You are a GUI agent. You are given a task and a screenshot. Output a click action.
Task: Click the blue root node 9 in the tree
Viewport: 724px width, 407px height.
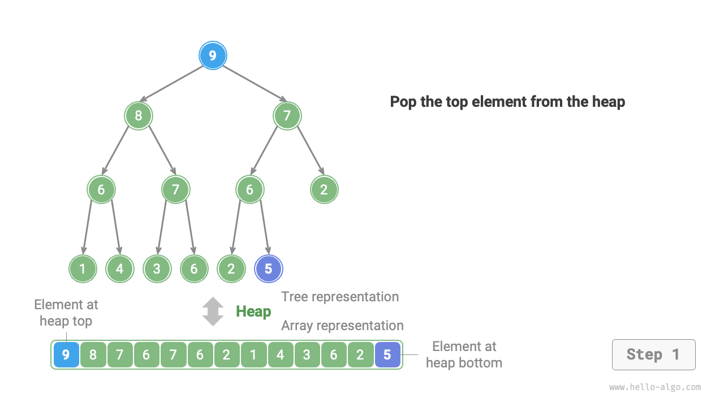point(213,55)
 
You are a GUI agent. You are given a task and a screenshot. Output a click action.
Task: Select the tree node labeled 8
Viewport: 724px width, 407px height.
point(139,116)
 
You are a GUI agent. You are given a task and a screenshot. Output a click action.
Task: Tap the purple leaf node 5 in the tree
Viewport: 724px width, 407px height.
point(269,269)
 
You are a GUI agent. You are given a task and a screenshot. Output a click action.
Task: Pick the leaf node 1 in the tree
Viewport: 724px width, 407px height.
point(83,269)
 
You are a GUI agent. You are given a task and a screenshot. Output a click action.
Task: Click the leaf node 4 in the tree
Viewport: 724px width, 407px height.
point(120,269)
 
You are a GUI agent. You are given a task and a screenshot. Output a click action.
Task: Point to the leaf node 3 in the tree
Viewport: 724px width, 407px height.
point(157,269)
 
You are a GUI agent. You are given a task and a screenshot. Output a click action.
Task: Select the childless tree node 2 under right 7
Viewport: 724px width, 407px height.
point(324,189)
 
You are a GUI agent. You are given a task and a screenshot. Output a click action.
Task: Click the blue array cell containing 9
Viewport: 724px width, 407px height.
point(66,355)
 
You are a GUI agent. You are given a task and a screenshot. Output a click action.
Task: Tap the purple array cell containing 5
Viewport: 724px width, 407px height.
point(387,355)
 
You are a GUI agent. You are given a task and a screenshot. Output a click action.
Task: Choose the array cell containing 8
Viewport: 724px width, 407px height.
point(93,355)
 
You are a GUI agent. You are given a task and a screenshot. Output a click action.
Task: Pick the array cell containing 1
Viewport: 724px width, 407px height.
point(253,355)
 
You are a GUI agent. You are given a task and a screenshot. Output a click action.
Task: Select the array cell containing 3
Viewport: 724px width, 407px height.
point(307,355)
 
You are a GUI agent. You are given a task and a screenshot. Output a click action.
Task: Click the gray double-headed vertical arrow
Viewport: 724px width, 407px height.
point(213,311)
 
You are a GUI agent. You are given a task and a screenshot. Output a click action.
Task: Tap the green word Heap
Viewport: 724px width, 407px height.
point(253,311)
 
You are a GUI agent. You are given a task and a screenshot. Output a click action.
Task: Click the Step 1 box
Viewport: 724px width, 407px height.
point(653,355)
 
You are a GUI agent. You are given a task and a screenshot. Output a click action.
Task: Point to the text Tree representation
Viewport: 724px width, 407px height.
point(340,297)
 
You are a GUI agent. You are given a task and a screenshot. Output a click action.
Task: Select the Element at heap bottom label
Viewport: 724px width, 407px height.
point(464,354)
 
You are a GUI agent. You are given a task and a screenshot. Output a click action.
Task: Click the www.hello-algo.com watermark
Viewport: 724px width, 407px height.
point(655,387)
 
